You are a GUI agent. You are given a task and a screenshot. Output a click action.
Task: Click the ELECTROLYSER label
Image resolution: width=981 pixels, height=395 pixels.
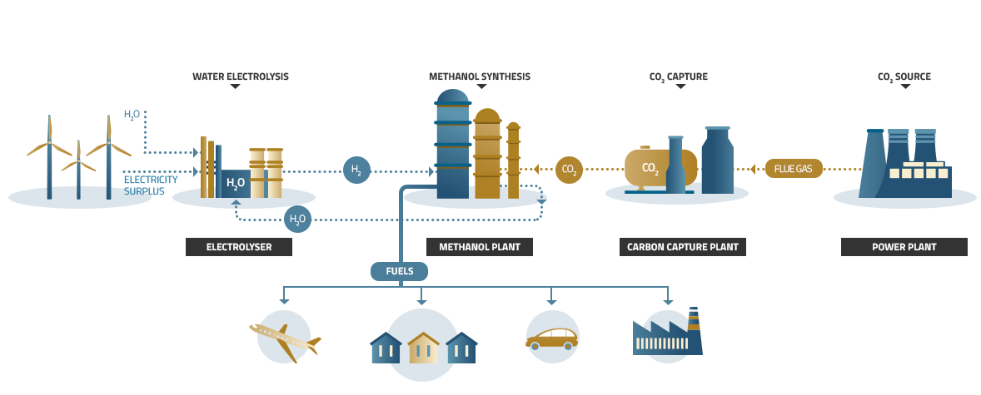239,247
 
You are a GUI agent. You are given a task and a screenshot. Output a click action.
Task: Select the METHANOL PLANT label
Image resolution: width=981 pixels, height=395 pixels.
480,247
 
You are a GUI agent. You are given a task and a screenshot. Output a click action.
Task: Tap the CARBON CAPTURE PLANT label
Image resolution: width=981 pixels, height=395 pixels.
682,247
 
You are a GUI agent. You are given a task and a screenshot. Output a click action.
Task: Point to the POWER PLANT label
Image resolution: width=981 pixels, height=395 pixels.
904,247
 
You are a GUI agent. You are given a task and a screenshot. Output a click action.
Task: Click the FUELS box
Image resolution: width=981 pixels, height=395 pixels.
399,271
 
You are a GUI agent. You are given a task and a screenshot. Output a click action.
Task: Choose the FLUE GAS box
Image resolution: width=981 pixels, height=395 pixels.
793,169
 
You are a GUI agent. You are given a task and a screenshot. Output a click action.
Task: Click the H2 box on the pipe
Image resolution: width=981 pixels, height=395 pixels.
356,170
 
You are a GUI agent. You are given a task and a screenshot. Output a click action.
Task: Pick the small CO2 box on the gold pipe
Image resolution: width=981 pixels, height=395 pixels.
569,170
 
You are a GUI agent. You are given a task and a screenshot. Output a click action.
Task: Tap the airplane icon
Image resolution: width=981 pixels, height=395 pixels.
284,337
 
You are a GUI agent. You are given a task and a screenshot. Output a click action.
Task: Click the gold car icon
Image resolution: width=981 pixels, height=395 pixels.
551,338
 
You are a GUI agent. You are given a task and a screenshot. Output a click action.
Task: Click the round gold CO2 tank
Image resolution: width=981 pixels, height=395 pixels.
650,168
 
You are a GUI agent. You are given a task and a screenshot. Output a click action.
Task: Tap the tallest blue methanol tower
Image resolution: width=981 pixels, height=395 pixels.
452,146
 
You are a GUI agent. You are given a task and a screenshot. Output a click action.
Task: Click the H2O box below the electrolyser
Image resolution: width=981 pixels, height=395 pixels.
297,220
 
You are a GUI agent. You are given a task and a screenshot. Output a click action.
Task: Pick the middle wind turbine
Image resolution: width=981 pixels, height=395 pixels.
78,166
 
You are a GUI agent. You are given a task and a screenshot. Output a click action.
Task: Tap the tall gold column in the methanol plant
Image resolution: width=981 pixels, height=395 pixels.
487,155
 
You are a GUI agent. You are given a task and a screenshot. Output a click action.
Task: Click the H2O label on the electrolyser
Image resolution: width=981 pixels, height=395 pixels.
236,183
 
